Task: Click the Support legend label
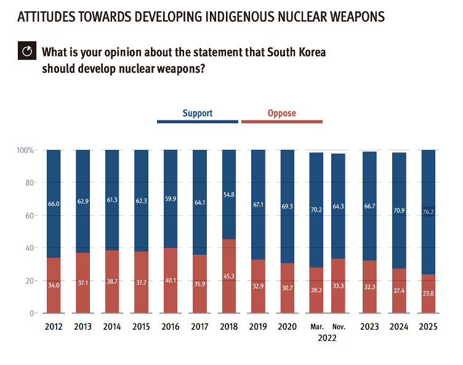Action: (197, 113)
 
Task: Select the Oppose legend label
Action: (281, 113)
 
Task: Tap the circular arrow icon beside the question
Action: (27, 51)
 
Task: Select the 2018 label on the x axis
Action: (228, 327)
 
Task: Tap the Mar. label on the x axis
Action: (316, 327)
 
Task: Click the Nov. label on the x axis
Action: (339, 327)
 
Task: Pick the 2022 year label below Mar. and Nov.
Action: (328, 338)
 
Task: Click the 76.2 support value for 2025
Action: (428, 212)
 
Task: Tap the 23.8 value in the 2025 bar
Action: (428, 294)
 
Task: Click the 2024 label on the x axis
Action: (398, 327)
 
